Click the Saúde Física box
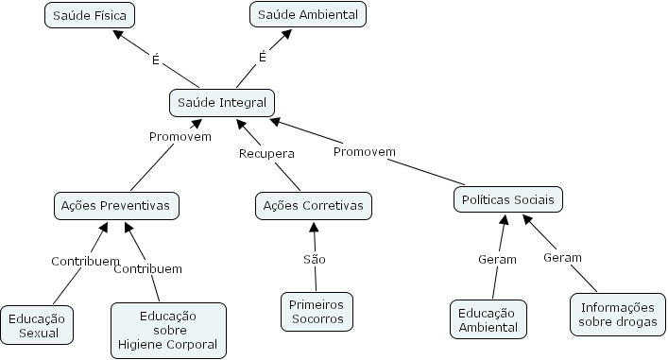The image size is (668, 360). click(91, 15)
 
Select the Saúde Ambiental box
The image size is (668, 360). click(307, 15)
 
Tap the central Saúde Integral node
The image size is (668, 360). click(222, 102)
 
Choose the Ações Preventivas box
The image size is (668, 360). click(115, 205)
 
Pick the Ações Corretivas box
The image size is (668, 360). click(313, 205)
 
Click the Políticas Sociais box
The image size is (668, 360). click(508, 199)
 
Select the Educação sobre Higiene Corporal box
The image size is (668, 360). click(168, 330)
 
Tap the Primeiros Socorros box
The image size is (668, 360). click(317, 312)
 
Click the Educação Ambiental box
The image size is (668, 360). click(488, 320)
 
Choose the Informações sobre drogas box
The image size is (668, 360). click(618, 315)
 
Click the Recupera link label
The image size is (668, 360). click(266, 153)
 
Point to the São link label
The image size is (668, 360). click(314, 259)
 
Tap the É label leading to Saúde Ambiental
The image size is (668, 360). click(263, 57)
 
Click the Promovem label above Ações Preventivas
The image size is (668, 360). click(180, 136)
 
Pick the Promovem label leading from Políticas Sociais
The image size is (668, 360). click(364, 151)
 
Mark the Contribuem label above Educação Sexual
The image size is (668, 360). click(85, 261)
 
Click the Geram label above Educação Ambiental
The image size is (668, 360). click(497, 260)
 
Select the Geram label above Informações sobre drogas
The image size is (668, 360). click(562, 257)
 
